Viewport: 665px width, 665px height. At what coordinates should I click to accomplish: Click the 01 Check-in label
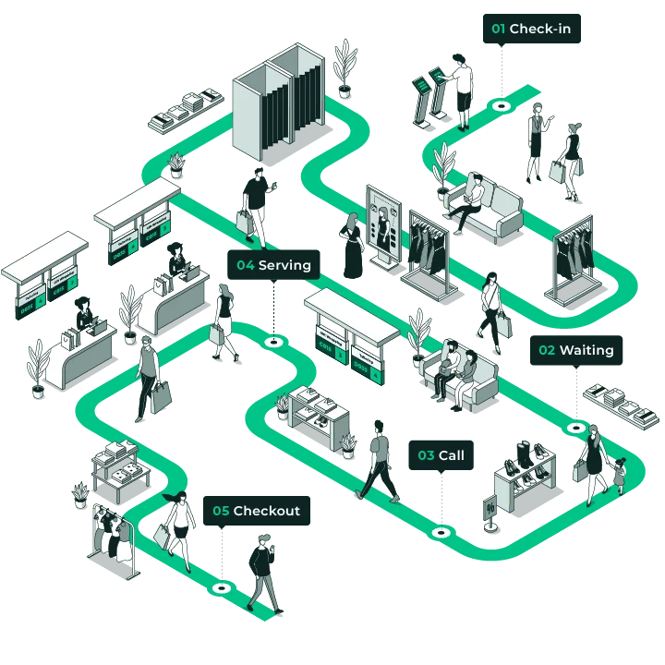[x=531, y=29]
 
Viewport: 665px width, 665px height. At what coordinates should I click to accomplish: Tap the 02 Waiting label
[x=575, y=350]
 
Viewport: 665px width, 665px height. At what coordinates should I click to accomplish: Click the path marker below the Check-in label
[x=501, y=105]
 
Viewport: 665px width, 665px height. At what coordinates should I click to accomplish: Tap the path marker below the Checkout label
[x=221, y=587]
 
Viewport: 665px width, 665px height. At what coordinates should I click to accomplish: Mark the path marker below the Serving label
[x=273, y=342]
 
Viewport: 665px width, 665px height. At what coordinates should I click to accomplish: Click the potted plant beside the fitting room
[x=346, y=66]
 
